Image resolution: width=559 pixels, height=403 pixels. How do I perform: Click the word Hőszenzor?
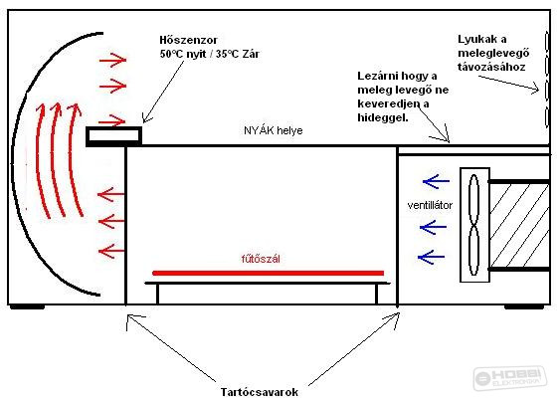pos(188,40)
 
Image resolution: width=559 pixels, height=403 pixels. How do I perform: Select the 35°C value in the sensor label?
pos(227,54)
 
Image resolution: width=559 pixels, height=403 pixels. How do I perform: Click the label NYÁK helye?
pos(274,130)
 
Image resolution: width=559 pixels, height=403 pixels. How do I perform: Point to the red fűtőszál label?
pos(261,259)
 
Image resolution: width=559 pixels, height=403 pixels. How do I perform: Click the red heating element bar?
pos(269,274)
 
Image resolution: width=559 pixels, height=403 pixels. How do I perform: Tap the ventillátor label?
pos(430,205)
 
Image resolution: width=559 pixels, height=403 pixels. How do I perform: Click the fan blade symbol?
pos(473,225)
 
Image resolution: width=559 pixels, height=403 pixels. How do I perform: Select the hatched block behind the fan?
pos(519,225)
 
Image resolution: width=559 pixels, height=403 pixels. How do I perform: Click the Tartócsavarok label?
pos(260,392)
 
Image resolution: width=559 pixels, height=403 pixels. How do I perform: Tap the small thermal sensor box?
pos(113,136)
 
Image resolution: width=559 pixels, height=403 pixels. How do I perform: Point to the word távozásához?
pos(491,67)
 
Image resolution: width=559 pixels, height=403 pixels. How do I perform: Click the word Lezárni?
pos(379,76)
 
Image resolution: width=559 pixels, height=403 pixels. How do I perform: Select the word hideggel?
pos(383,117)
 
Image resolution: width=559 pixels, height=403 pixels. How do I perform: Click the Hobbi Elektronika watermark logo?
pos(510,378)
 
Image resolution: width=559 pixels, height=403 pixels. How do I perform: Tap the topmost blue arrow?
pos(436,182)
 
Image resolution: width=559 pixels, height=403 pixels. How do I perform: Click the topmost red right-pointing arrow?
pos(113,60)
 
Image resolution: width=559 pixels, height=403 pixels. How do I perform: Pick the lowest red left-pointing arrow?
pos(110,251)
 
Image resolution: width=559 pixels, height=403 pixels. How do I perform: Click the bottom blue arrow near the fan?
pos(431,257)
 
